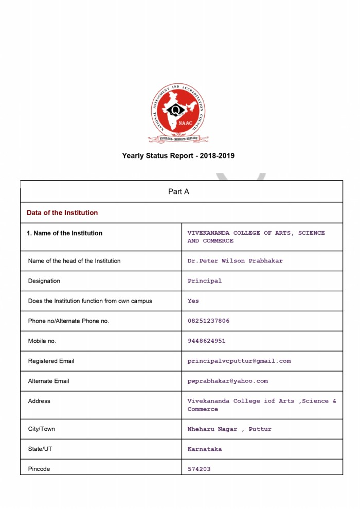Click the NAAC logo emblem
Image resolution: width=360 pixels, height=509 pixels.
click(178, 113)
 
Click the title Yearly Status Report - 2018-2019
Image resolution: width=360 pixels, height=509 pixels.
click(178, 155)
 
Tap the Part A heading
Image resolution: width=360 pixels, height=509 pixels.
click(178, 191)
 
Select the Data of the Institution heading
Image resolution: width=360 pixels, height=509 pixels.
click(62, 213)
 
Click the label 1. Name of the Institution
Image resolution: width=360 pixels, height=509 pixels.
click(64, 233)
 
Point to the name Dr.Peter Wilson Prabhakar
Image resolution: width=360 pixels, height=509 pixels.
click(235, 261)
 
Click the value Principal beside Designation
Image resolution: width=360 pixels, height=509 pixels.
click(205, 281)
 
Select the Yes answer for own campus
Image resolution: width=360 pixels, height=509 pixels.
click(193, 301)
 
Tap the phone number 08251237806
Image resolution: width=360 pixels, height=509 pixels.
click(208, 321)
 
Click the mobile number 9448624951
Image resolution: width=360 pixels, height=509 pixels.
click(206, 341)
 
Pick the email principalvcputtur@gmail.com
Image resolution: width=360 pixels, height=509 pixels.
click(239, 361)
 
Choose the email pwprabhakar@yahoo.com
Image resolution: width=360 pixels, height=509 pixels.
click(227, 381)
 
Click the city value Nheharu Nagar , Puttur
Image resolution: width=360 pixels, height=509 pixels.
click(229, 429)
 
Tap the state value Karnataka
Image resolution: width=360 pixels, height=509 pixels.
click(205, 449)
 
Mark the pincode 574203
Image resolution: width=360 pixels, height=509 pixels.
click(199, 469)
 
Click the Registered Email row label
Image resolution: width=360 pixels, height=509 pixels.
click(51, 361)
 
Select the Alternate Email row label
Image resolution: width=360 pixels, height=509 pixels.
click(48, 381)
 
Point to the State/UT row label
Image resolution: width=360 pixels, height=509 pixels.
click(40, 449)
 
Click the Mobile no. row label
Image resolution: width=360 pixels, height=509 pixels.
click(42, 341)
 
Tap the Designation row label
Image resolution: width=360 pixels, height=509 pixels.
click(44, 281)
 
